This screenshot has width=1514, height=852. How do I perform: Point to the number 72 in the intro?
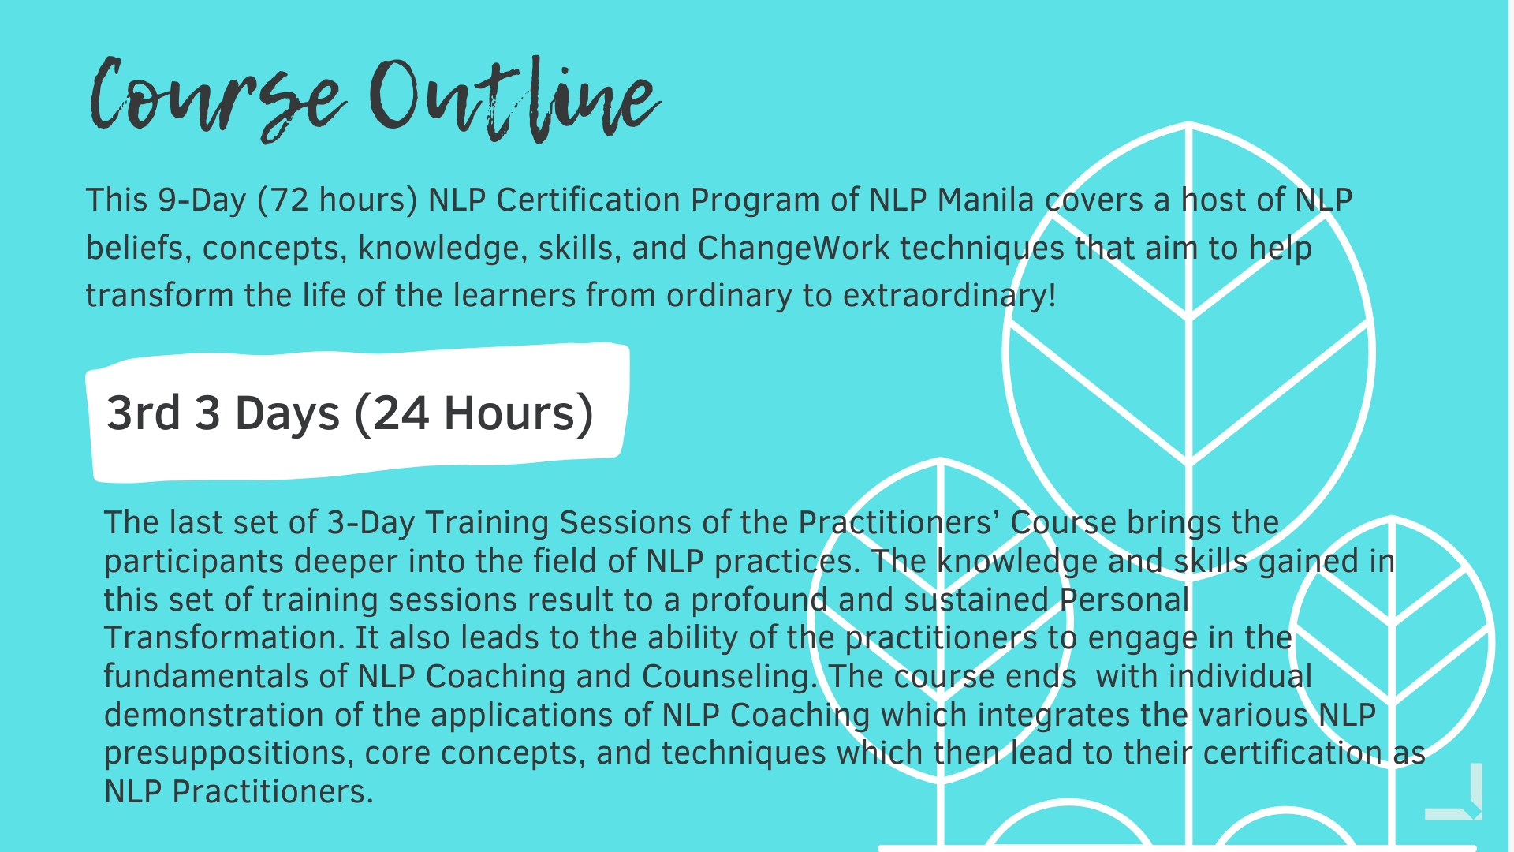[289, 200]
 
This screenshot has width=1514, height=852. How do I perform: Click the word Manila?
[986, 200]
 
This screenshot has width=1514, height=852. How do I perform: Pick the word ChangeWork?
[793, 248]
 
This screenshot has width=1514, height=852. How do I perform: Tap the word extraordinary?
[949, 297]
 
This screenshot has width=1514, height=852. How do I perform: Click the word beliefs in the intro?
[135, 248]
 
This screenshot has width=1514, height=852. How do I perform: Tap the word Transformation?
[224, 637]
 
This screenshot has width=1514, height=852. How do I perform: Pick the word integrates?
[1054, 716]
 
